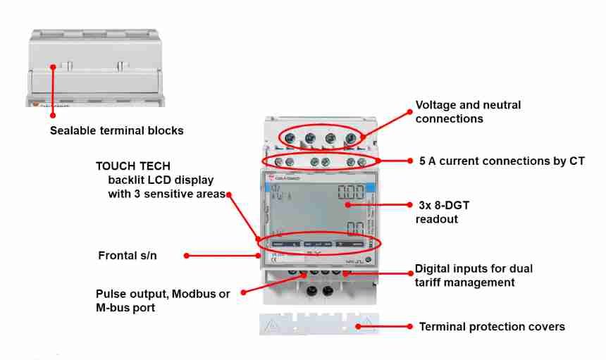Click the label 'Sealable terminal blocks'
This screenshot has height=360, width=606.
click(116, 130)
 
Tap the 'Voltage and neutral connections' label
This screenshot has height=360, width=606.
click(468, 111)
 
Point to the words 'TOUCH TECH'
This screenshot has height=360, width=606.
click(133, 166)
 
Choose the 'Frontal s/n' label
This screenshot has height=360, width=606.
click(128, 256)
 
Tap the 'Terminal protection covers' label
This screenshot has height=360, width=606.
click(492, 326)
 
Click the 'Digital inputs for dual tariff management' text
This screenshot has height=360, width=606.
click(474, 275)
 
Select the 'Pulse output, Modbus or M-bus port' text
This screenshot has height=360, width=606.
click(163, 299)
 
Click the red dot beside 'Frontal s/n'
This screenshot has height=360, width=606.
click(187, 256)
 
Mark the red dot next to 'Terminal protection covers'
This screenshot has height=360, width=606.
click(411, 326)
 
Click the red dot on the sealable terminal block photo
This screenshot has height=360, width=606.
click(53, 68)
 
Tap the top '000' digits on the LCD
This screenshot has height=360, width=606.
click(351, 192)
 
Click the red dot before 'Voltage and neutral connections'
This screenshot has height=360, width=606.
click(411, 111)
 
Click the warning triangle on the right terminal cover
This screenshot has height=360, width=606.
click(365, 325)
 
